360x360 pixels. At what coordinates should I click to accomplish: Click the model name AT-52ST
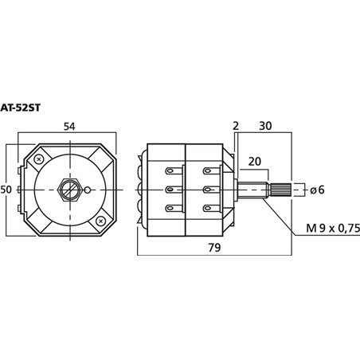(20, 108)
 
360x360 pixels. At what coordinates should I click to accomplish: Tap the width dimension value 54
(69, 127)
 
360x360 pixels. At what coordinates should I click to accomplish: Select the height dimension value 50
(6, 190)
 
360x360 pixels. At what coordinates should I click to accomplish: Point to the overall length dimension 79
(214, 248)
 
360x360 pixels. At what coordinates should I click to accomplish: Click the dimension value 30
(265, 126)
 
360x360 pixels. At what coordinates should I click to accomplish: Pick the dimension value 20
(255, 161)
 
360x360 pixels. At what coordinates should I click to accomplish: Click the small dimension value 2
(236, 126)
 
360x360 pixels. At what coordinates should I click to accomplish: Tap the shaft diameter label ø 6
(317, 190)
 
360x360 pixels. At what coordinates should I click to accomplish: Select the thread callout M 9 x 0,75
(333, 228)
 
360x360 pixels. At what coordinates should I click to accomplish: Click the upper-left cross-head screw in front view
(39, 159)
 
